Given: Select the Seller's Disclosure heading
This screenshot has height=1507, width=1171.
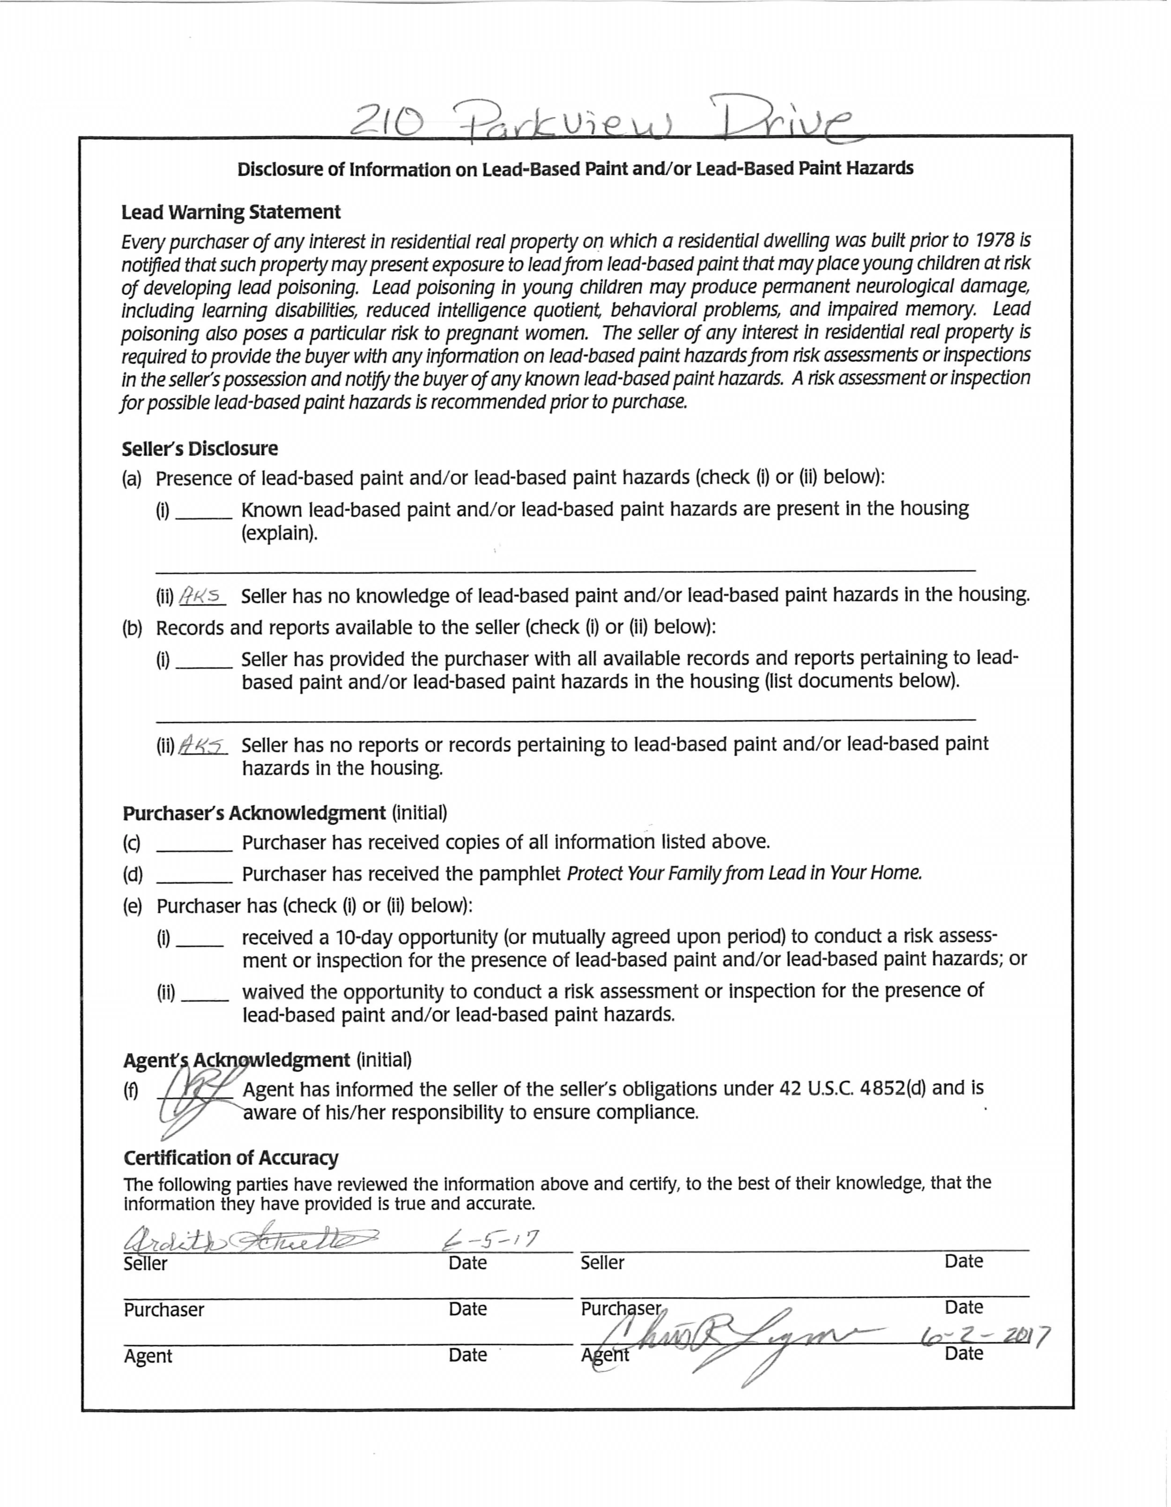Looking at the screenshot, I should tap(200, 449).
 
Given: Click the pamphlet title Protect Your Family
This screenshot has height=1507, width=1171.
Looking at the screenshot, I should tap(744, 873).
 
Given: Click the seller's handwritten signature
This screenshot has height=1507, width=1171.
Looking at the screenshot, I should tap(248, 1241).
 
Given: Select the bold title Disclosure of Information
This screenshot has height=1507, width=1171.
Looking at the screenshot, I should tap(575, 169).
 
